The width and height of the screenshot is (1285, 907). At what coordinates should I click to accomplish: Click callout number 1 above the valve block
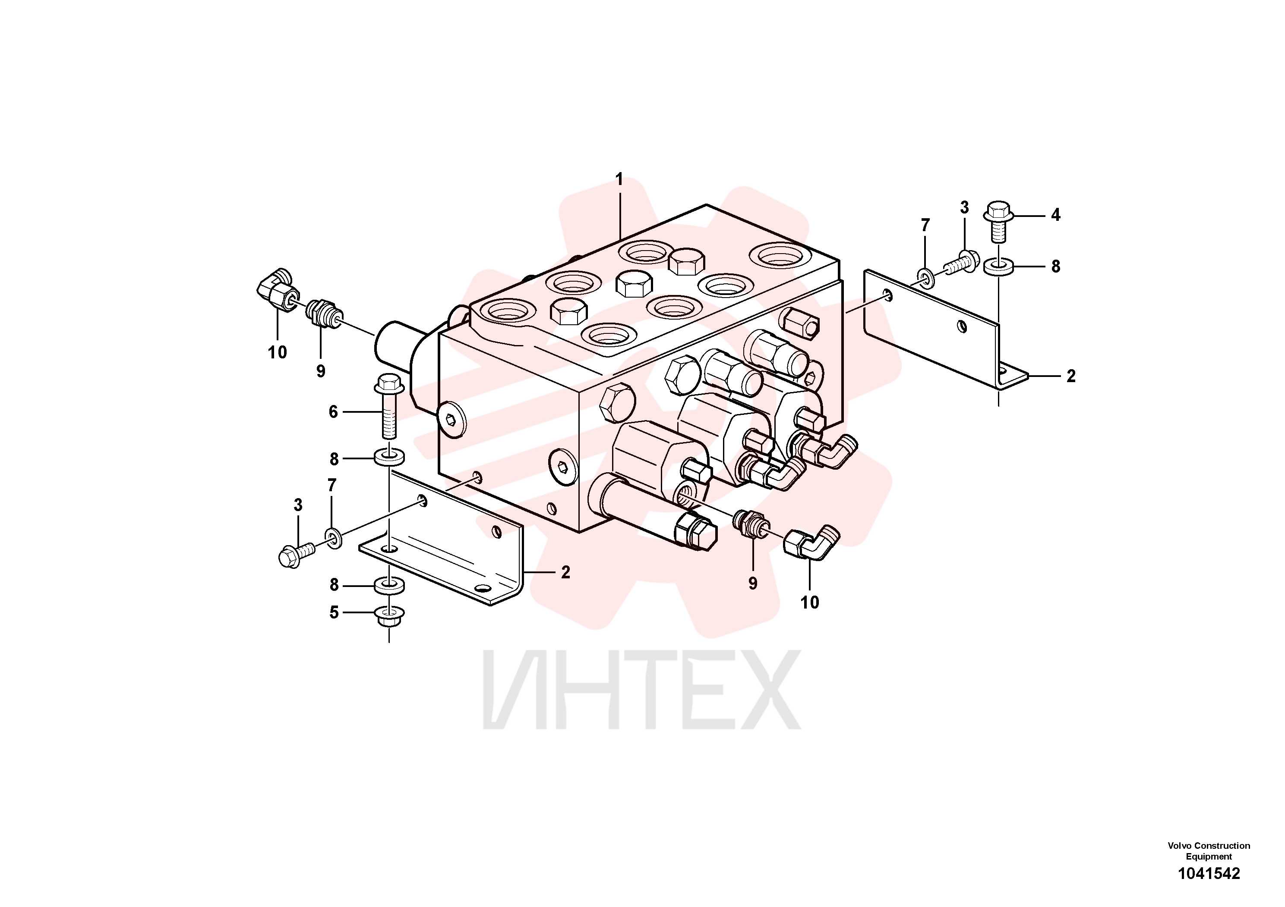tap(619, 179)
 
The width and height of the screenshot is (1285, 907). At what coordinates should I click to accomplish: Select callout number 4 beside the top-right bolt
tap(1055, 215)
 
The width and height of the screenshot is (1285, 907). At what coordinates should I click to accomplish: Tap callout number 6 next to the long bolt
tap(334, 412)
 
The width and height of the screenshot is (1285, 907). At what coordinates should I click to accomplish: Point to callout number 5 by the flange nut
tap(334, 613)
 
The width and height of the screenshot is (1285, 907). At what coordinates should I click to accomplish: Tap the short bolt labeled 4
tap(998, 221)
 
